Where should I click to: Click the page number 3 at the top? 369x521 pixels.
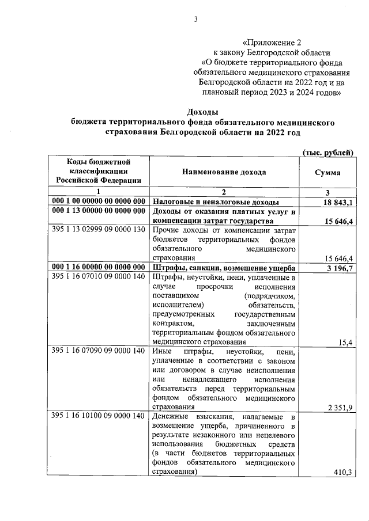click(x=195, y=20)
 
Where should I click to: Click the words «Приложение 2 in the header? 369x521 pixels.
click(x=272, y=42)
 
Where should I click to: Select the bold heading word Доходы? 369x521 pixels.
click(x=204, y=112)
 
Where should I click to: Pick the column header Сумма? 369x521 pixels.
click(x=327, y=173)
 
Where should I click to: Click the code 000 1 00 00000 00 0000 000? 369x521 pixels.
click(x=98, y=201)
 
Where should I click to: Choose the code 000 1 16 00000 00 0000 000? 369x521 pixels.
click(x=98, y=268)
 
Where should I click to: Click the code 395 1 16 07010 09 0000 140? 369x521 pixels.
click(x=97, y=277)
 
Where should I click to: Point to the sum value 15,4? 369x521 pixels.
click(x=346, y=343)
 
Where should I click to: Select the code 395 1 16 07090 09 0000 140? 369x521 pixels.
click(x=97, y=352)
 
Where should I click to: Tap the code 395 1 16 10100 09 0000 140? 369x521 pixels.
click(x=97, y=416)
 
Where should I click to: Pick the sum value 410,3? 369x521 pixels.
click(x=343, y=472)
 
